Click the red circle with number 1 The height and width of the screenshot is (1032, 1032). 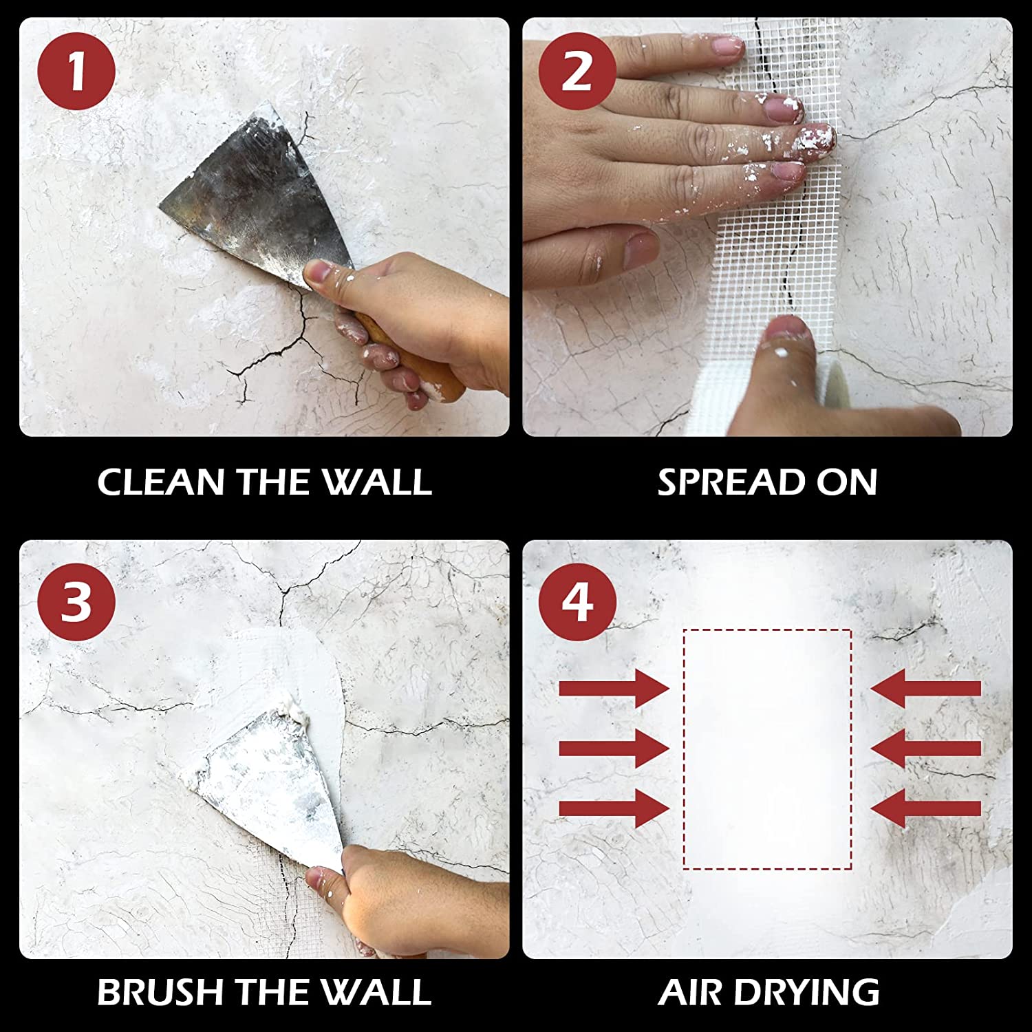[76, 72]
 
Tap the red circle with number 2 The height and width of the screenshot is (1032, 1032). [577, 72]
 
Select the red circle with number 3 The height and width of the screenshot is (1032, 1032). [76, 602]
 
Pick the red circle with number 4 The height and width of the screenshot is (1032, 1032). [577, 602]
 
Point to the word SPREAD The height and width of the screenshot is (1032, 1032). [731, 482]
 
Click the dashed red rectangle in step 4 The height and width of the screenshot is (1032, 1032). [767, 749]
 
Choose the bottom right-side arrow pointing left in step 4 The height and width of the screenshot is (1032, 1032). [926, 808]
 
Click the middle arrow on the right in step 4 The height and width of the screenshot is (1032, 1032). [926, 748]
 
